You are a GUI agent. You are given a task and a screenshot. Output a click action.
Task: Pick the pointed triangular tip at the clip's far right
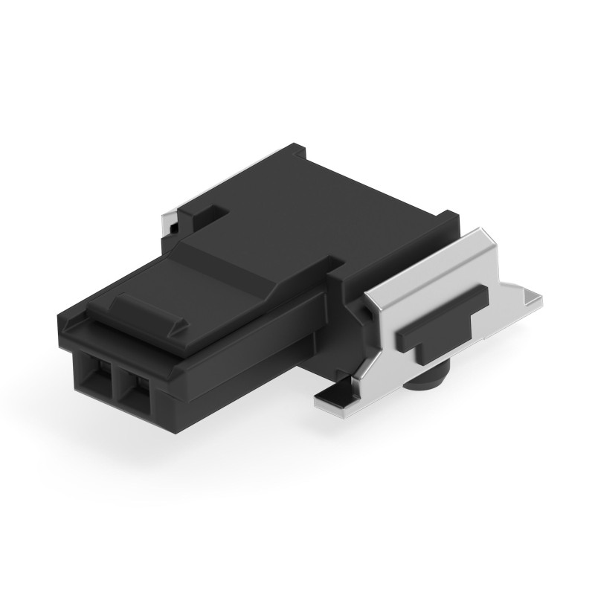click(x=532, y=299)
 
